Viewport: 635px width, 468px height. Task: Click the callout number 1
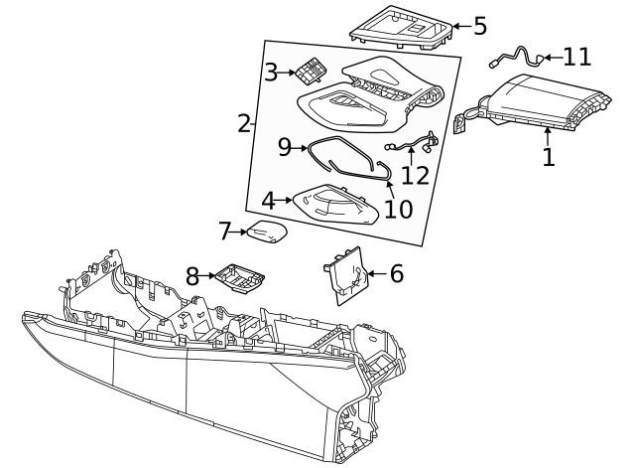pos(549,156)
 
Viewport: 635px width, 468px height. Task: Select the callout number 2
pos(244,123)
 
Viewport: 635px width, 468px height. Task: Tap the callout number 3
pos(272,72)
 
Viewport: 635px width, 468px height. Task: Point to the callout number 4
pos(269,199)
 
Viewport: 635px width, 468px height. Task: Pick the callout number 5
pos(480,26)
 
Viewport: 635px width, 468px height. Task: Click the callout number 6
pos(396,273)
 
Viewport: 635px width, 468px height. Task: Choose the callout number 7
pos(225,232)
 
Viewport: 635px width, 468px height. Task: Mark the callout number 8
pos(193,273)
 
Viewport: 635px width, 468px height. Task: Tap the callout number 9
pos(285,147)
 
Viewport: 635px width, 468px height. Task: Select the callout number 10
pos(398,210)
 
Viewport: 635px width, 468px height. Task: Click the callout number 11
pos(576,57)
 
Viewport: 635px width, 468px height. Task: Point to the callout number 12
pos(415,175)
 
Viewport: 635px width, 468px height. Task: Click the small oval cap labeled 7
pos(267,233)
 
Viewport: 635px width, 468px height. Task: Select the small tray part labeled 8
pos(237,276)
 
